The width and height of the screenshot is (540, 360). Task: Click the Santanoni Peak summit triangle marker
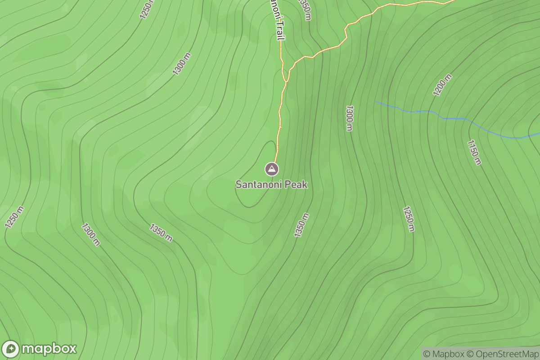tap(272, 169)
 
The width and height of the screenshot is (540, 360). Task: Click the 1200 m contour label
tap(442, 85)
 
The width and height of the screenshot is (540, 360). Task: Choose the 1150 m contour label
tap(474, 153)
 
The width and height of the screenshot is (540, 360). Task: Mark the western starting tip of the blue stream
tap(376, 102)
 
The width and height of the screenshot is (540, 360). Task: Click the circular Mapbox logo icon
tap(11, 349)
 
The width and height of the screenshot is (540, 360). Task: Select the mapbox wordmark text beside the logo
tap(49, 349)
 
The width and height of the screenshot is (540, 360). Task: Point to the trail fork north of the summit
tap(286, 81)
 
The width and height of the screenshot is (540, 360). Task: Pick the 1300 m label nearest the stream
tap(349, 118)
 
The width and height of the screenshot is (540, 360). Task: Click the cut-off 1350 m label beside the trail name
tap(305, 9)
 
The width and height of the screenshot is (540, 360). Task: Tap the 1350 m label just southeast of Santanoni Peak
tap(302, 225)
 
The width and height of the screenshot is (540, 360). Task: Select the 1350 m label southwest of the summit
tap(161, 232)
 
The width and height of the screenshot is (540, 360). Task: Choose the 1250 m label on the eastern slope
tap(408, 219)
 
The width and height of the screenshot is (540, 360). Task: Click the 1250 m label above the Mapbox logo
tap(14, 217)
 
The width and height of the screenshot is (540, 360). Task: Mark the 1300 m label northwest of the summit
tap(182, 64)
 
